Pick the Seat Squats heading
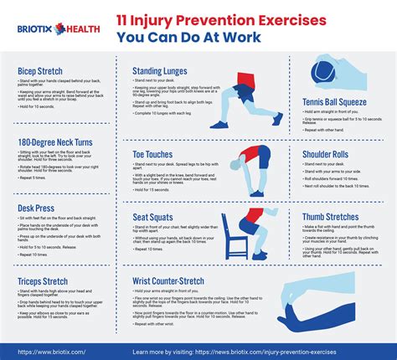153,218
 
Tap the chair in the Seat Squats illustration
237,237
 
